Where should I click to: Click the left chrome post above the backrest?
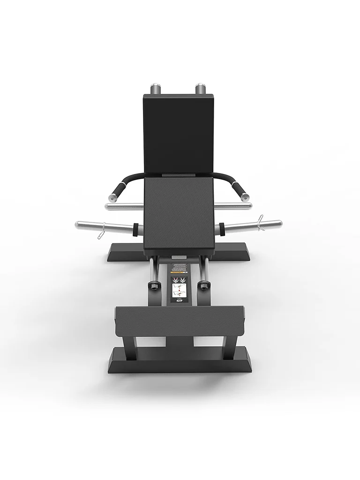click(x=156, y=89)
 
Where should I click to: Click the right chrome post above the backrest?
click(x=201, y=88)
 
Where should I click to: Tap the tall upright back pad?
click(x=178, y=134)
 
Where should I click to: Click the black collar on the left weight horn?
click(x=136, y=229)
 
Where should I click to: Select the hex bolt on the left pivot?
click(x=154, y=285)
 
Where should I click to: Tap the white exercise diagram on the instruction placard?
click(x=178, y=287)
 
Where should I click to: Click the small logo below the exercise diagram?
click(x=179, y=301)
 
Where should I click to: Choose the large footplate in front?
click(x=180, y=321)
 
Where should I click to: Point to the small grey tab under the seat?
click(x=179, y=257)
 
